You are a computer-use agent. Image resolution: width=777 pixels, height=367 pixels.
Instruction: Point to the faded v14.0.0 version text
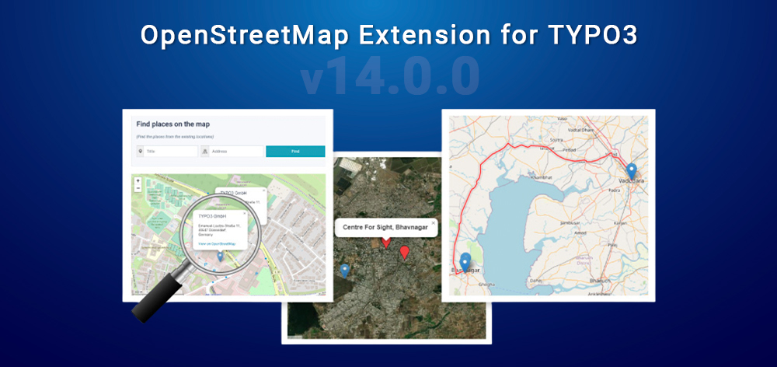click(388, 77)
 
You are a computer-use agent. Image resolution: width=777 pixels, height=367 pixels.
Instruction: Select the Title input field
click(166, 152)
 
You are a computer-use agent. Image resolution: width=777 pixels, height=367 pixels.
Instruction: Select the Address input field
click(232, 152)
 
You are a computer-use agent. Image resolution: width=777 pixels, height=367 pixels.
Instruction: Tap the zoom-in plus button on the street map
click(138, 181)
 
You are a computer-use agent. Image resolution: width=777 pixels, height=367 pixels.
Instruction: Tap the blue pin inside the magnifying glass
click(221, 255)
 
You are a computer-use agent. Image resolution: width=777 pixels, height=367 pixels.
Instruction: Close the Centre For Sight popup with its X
click(434, 222)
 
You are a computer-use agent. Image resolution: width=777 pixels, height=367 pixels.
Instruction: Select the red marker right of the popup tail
click(404, 251)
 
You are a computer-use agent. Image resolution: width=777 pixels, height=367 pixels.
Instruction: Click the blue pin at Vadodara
click(631, 170)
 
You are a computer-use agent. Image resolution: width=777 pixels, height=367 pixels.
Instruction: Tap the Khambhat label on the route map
click(542, 177)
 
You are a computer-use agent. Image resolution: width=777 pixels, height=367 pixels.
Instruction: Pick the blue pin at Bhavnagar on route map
click(465, 261)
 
